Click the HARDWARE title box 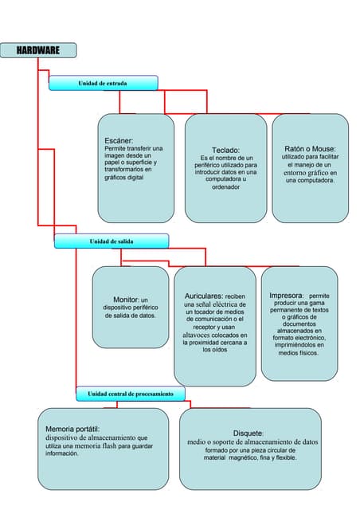point(38,50)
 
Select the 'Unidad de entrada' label point(102,83)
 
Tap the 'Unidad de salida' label point(111,241)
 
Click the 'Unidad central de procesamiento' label point(130,394)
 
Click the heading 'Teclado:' point(226,150)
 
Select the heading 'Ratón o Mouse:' point(310,149)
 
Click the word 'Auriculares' point(204,295)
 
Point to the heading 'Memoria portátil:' point(72,429)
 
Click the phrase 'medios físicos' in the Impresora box point(299,352)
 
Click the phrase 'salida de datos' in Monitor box point(131,316)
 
